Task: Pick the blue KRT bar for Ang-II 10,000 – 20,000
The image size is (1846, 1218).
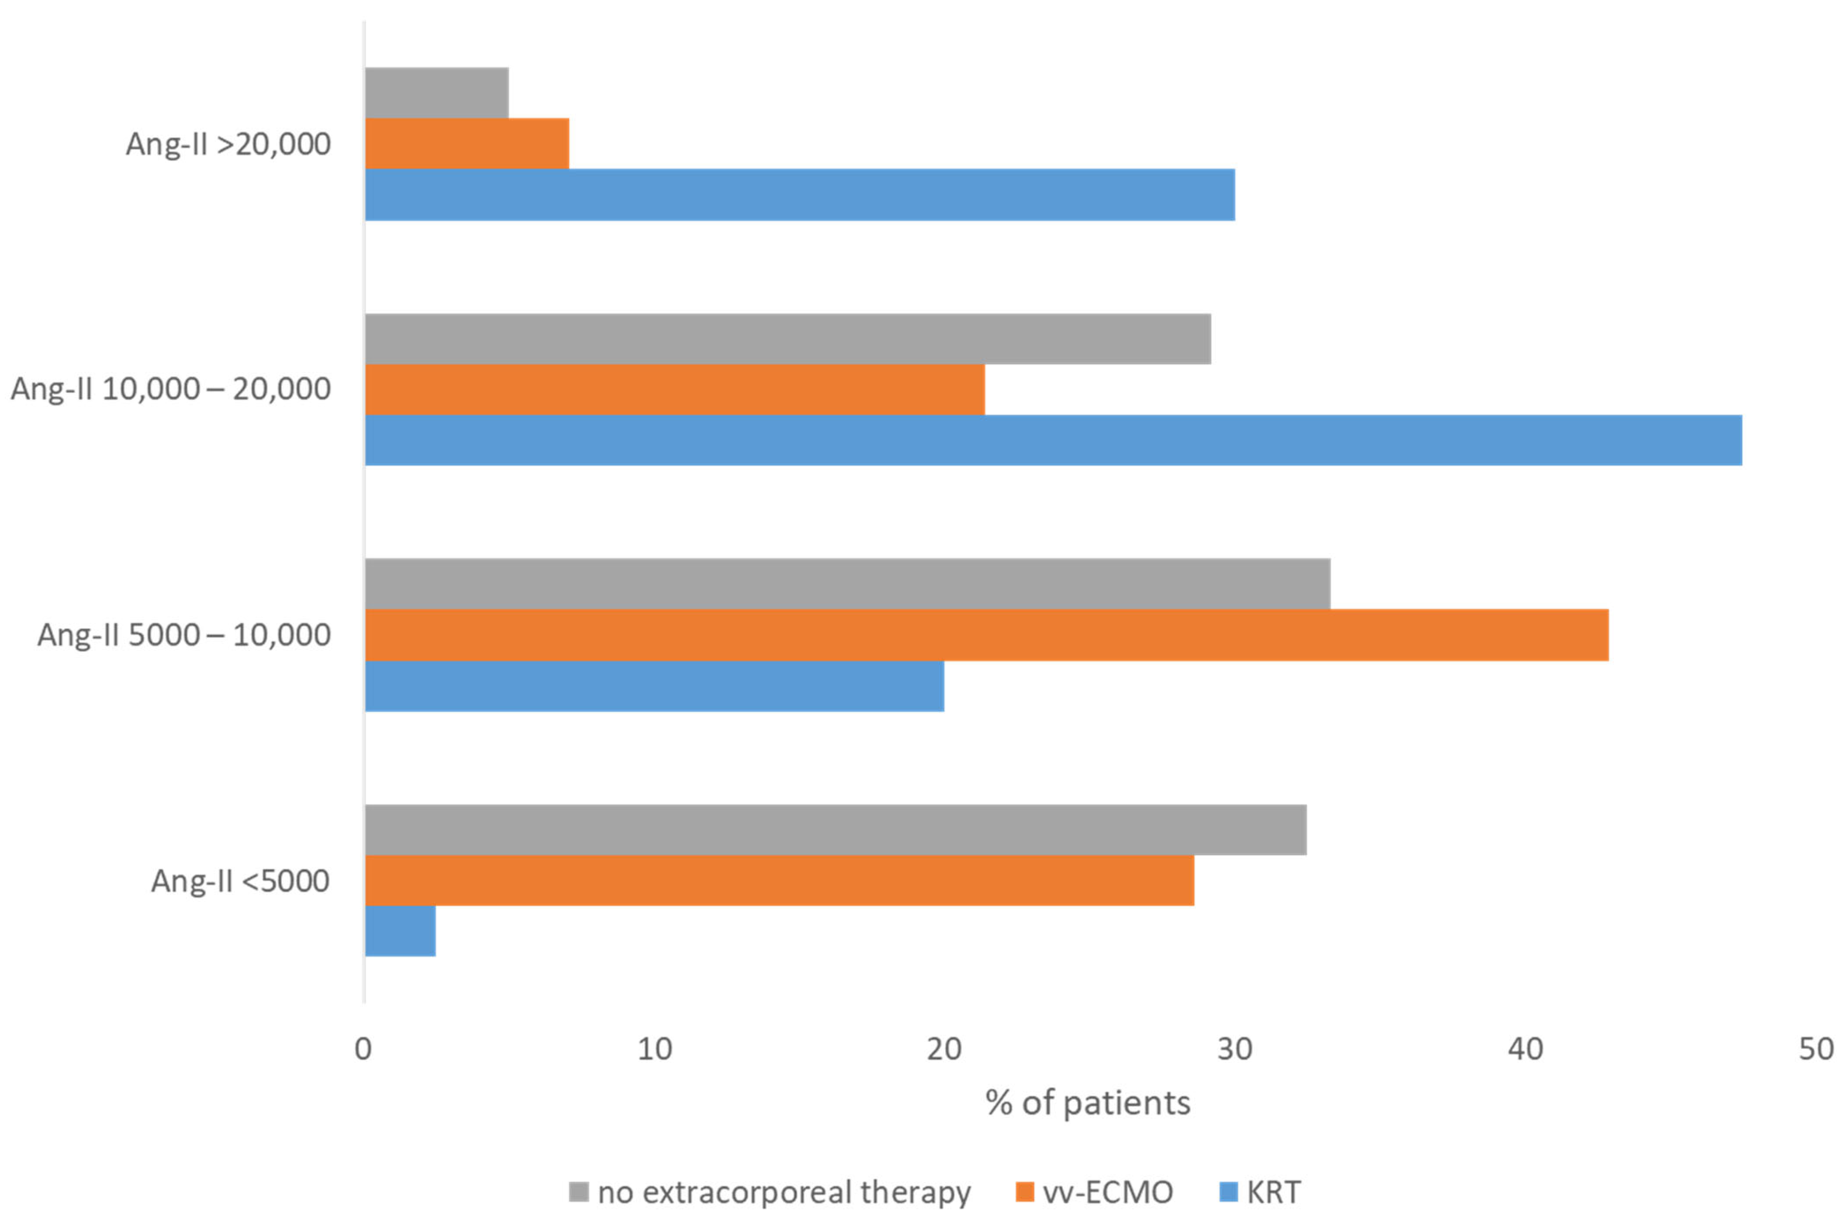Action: [x=1053, y=439]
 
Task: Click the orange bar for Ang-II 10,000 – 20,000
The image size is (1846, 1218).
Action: [x=675, y=389]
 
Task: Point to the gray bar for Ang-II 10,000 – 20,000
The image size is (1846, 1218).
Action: [x=787, y=339]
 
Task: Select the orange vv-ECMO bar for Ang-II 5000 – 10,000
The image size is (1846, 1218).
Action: [x=986, y=635]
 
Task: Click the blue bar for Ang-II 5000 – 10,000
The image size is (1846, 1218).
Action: [x=654, y=686]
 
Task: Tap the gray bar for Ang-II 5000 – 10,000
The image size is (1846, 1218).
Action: [x=847, y=583]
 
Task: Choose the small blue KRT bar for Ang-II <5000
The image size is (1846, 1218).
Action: [x=400, y=931]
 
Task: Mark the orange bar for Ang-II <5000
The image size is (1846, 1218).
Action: [x=779, y=880]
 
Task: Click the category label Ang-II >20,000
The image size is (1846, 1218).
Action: [x=229, y=144]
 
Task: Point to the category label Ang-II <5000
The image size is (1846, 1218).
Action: [x=240, y=881]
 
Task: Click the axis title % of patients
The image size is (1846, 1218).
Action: [x=1087, y=1103]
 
